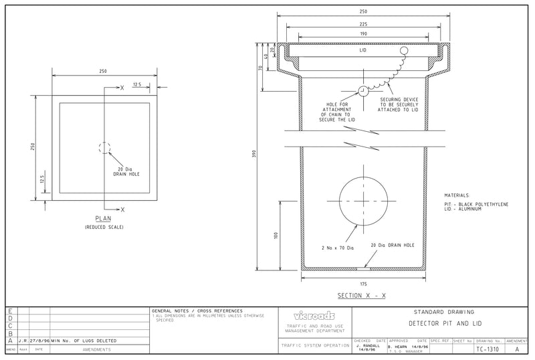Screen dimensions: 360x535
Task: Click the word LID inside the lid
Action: pos(363,51)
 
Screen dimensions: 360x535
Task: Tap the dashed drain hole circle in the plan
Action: pos(104,148)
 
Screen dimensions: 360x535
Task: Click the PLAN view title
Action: pos(104,219)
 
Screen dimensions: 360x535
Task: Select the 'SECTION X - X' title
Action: pos(361,295)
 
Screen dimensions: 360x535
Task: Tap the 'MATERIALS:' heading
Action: pos(457,195)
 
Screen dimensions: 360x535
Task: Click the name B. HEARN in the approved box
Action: pos(400,346)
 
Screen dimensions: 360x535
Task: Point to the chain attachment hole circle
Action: pos(363,91)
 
